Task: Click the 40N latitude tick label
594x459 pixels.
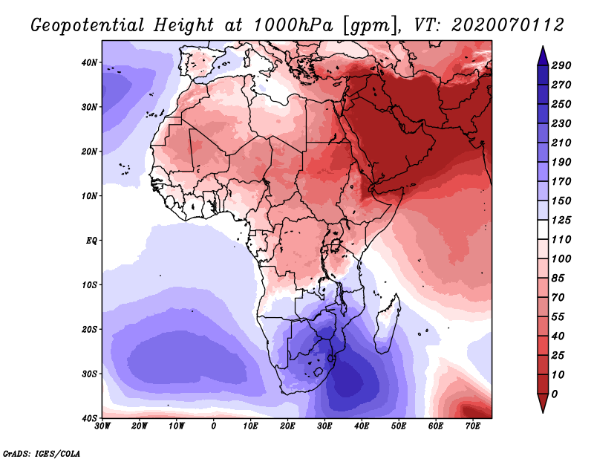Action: point(89,62)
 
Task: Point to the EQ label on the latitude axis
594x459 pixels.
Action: point(91,241)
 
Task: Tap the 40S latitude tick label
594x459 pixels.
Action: point(89,418)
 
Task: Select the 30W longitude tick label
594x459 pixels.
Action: point(102,426)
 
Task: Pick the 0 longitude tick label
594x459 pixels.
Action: point(214,426)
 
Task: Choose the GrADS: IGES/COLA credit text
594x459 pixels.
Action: point(42,453)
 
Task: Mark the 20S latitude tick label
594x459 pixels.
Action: point(89,329)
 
